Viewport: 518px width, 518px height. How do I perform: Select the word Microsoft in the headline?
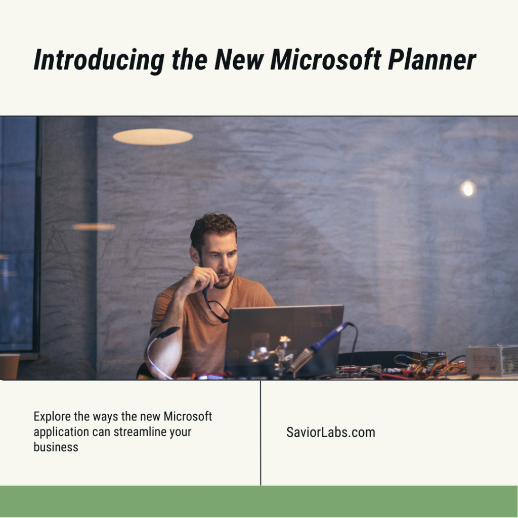pos(325,60)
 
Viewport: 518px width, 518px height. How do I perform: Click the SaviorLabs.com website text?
pos(330,433)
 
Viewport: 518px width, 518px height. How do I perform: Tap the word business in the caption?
pos(56,447)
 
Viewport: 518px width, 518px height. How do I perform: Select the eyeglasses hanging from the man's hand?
pos(217,307)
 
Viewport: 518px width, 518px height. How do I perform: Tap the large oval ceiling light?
pos(153,137)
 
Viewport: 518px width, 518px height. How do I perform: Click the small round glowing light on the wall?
pos(468,189)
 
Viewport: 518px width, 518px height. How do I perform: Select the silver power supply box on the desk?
pos(491,360)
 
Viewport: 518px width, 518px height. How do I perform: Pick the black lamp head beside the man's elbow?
pos(168,332)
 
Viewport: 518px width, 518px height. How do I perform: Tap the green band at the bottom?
pos(259,501)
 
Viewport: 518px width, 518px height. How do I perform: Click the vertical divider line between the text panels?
pos(261,433)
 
